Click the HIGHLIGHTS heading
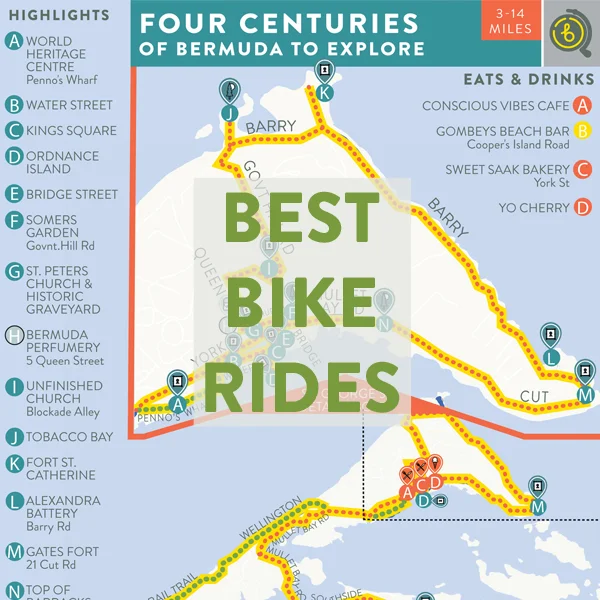pos(60,15)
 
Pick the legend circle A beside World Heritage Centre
pos(14,41)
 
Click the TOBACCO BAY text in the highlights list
pos(70,437)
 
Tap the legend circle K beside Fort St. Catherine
pos(14,463)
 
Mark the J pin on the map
pos(229,112)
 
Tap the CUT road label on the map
pos(535,397)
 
